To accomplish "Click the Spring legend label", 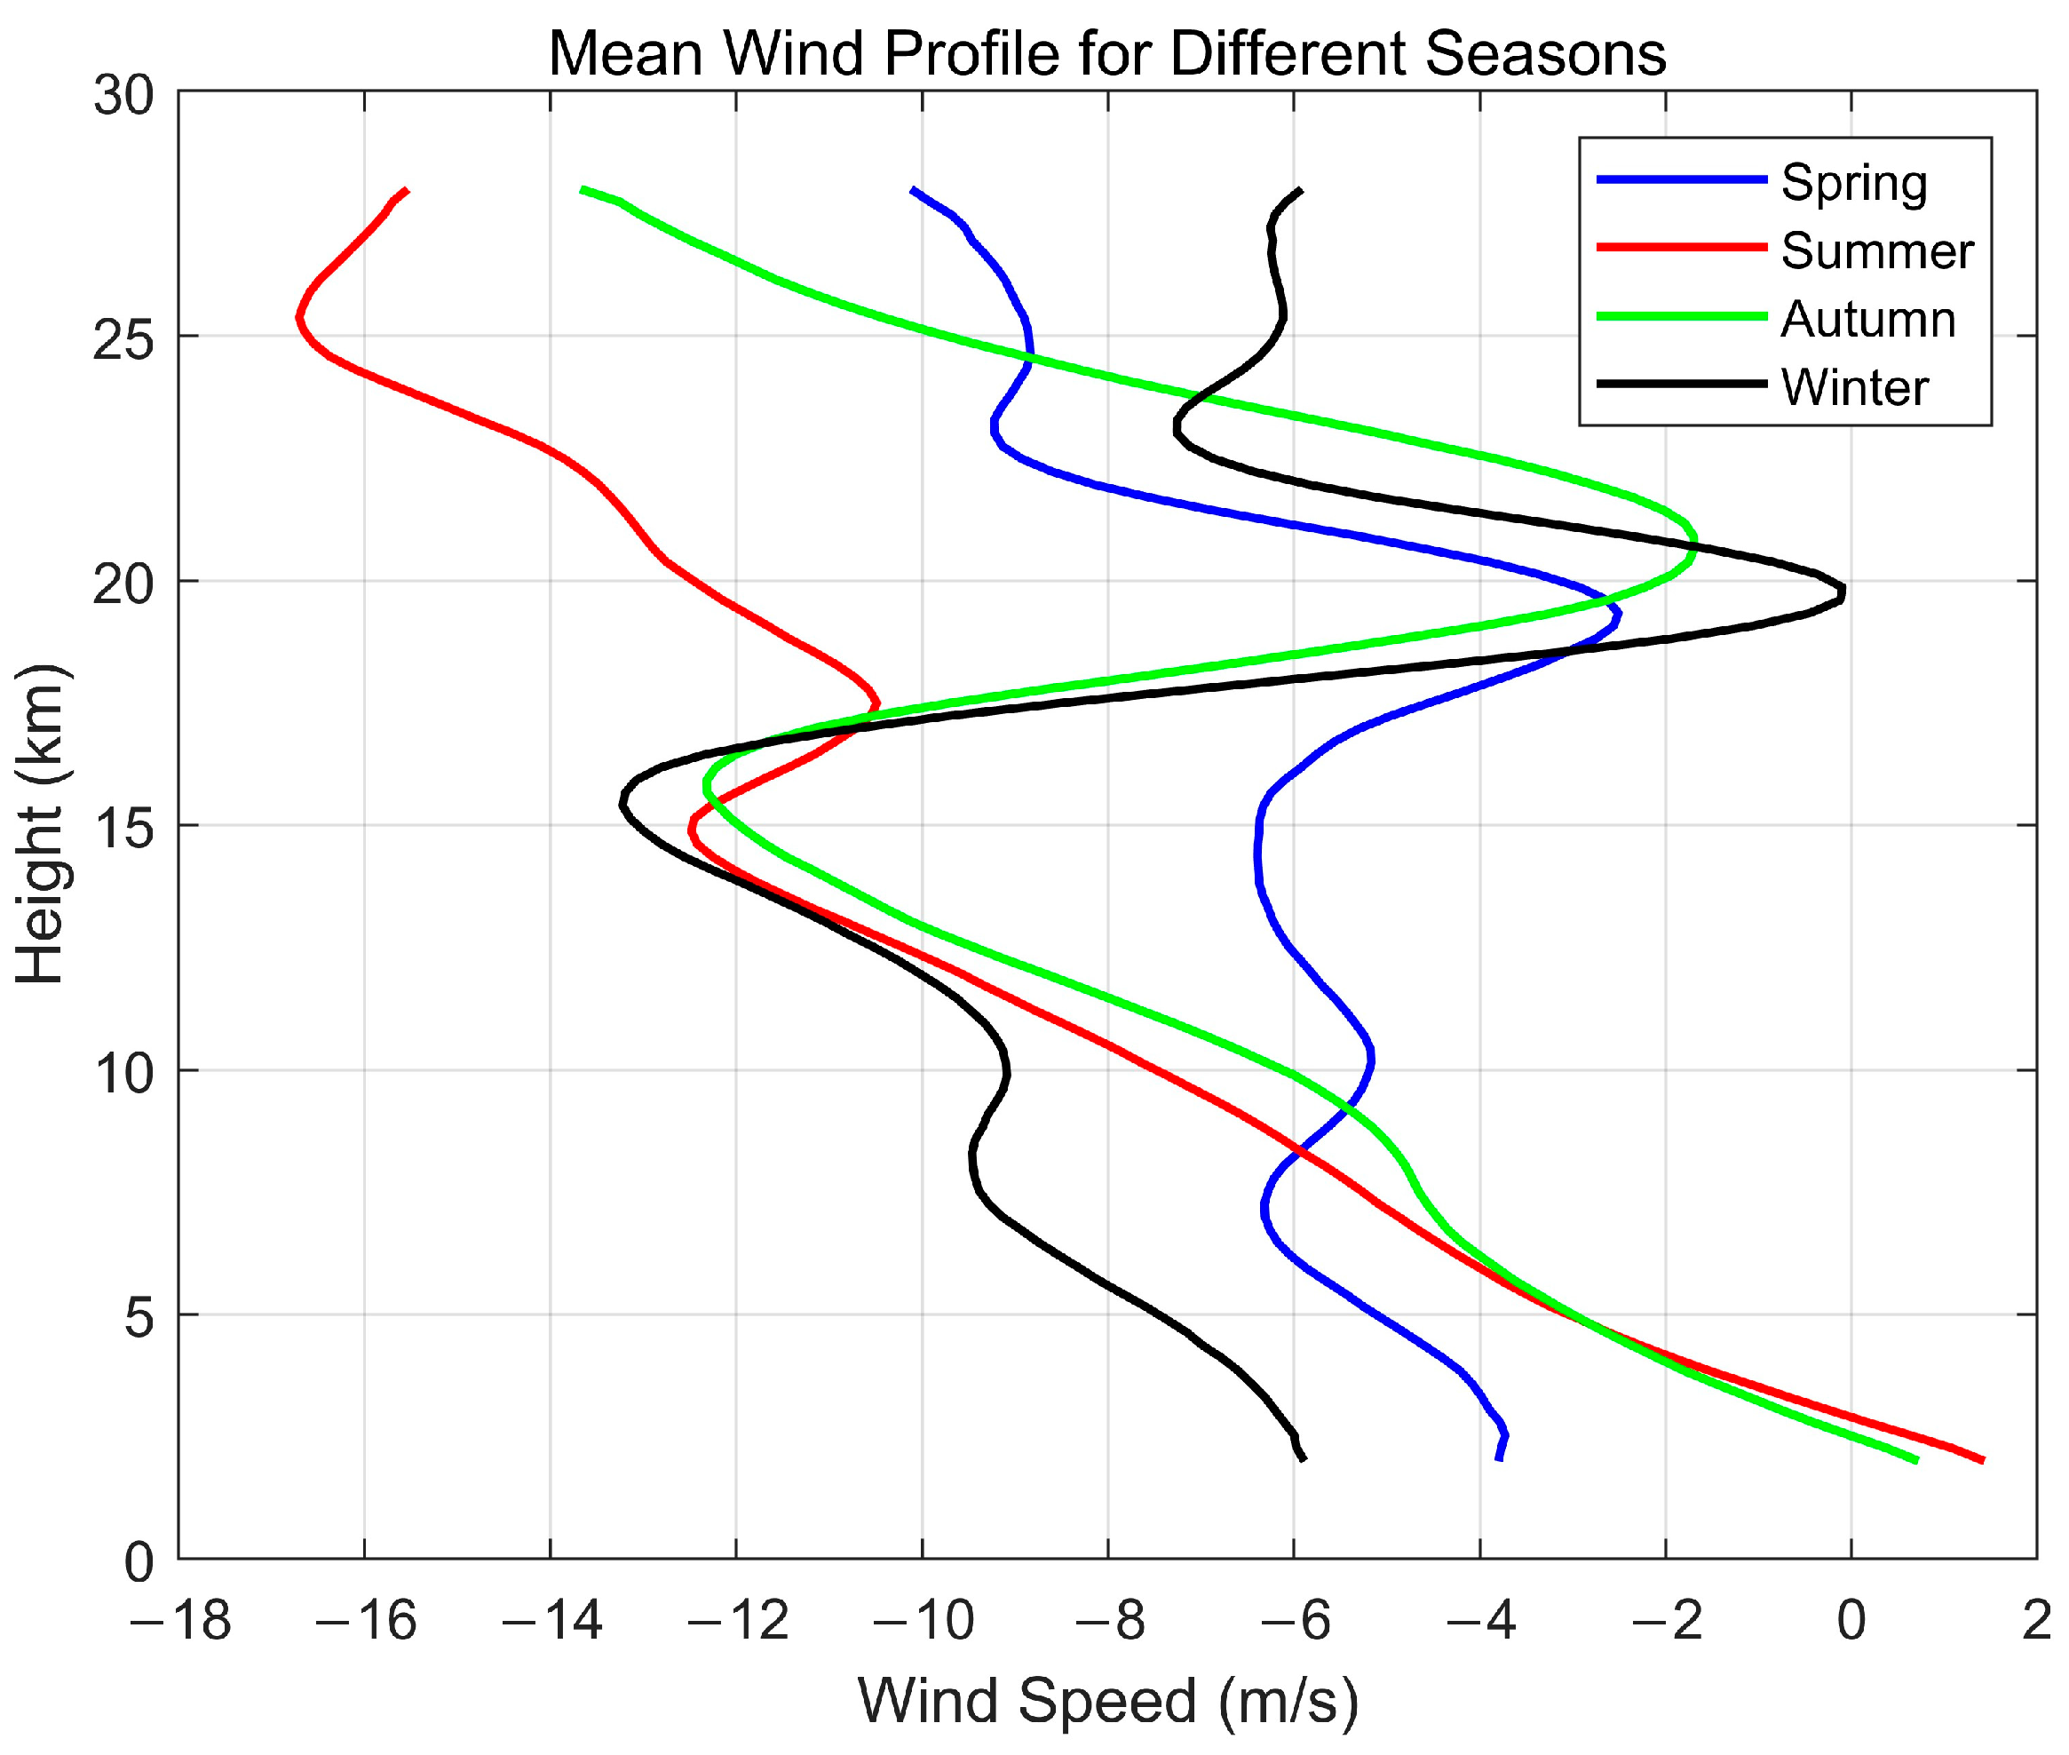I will [1853, 183].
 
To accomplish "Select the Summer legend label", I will [1876, 250].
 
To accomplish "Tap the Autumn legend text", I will [1867, 320].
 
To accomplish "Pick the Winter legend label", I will [1854, 387].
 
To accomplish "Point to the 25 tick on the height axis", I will [124, 341].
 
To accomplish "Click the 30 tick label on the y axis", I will [124, 97].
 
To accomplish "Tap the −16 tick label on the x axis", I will [365, 1622].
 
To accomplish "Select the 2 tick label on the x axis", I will [2036, 1622].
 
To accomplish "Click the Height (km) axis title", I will [40, 824].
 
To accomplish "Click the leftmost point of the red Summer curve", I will [298, 317].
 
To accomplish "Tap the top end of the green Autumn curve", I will [582, 188].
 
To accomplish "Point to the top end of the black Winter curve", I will [1300, 189].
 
